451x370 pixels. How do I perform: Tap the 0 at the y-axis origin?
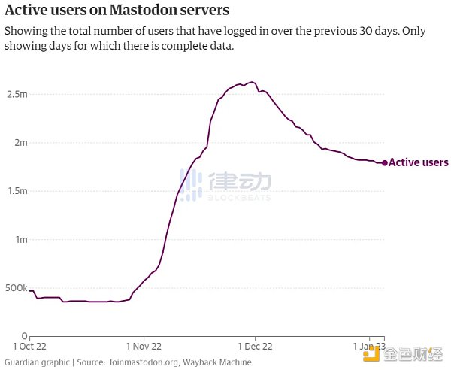[x=25, y=335]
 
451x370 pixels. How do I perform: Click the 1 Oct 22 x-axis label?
[x=29, y=347]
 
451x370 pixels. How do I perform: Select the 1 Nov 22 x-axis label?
[x=143, y=347]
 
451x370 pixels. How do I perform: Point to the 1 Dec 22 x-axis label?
[x=255, y=347]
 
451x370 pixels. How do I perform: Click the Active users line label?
[x=419, y=162]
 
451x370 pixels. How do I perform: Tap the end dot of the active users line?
[x=385, y=162]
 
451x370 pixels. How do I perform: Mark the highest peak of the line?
[x=251, y=82]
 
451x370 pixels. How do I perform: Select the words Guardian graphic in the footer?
[x=36, y=362]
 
